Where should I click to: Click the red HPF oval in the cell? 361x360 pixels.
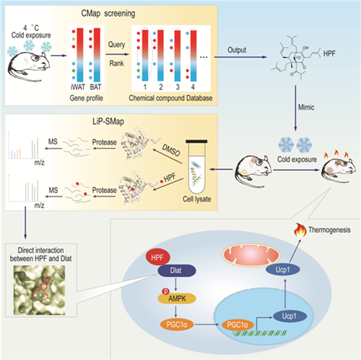tap(157, 257)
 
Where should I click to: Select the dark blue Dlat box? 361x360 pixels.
tap(177, 270)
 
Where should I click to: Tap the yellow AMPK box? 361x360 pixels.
tap(177, 299)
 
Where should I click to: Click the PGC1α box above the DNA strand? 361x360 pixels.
tap(238, 325)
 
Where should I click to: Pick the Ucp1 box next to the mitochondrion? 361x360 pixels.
tap(282, 270)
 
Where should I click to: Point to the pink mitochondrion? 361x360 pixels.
tap(251, 255)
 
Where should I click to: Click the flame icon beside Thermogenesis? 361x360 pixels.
tap(300, 230)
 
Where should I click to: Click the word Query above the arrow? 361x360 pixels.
tap(116, 45)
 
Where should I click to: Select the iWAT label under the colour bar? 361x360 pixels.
tap(78, 87)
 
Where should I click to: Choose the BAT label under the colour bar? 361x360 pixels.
tap(95, 87)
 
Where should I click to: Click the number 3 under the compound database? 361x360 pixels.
tap(178, 87)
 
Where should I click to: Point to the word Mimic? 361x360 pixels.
tap(306, 107)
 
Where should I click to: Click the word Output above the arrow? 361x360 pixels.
tap(237, 50)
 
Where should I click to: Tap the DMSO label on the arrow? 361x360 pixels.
tap(171, 150)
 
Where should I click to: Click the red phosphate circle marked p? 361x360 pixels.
tap(166, 291)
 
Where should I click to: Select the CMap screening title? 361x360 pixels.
tap(108, 13)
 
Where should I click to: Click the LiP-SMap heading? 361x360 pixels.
tap(108, 121)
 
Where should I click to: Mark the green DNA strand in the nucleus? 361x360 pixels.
tap(259, 333)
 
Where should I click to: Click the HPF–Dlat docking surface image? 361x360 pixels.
tap(40, 290)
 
